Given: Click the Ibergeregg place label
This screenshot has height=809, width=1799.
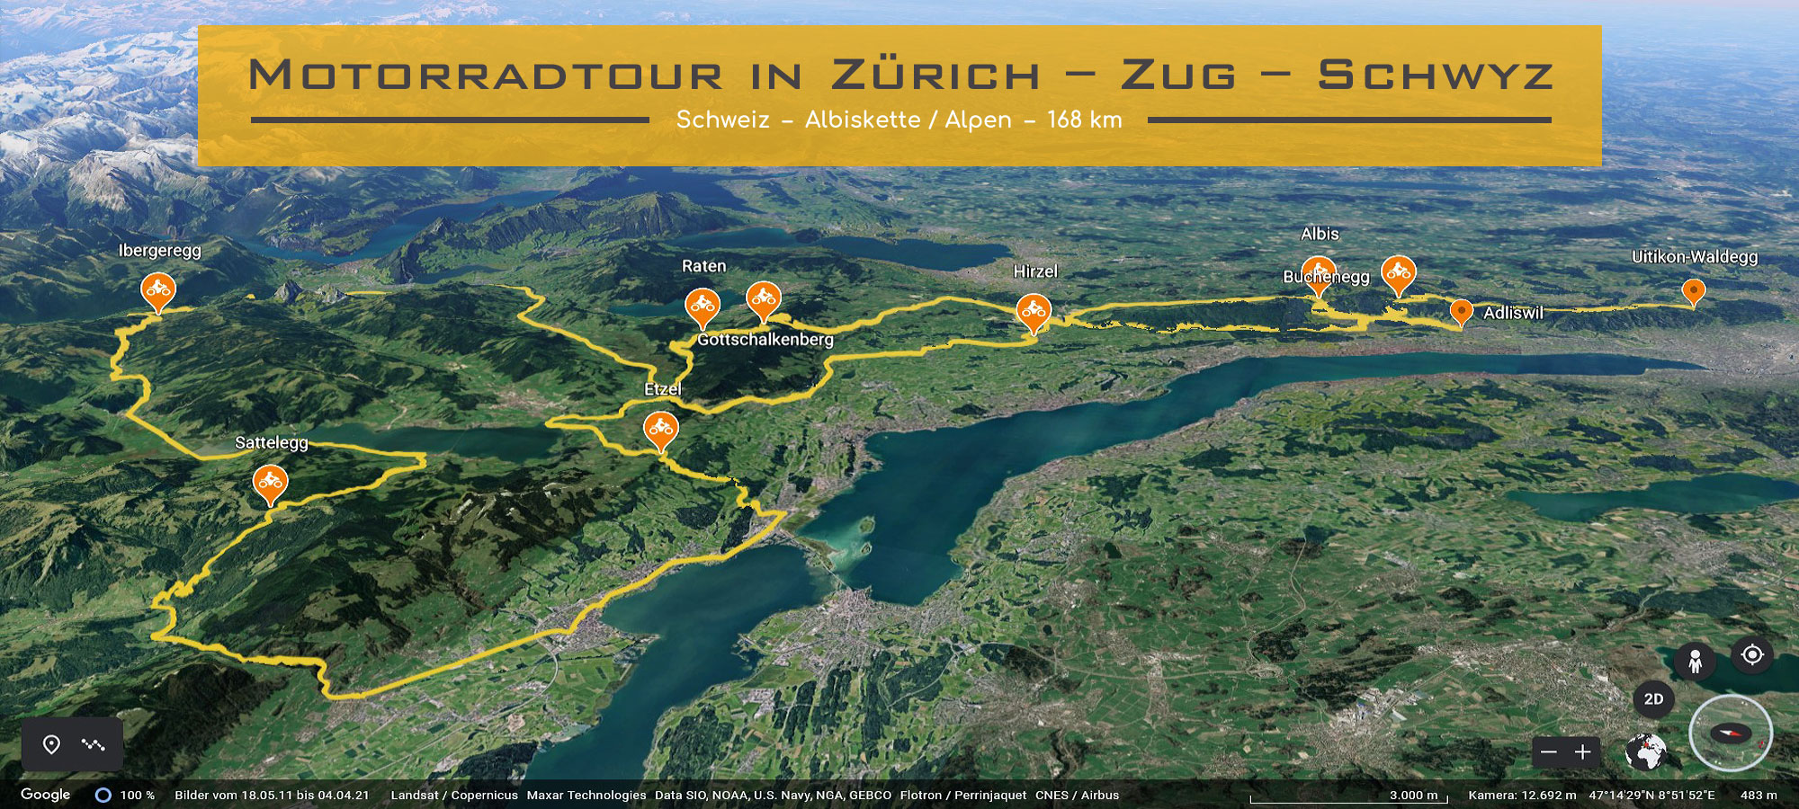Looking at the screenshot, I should [159, 251].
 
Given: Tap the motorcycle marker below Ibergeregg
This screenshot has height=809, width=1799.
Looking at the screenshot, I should [158, 289].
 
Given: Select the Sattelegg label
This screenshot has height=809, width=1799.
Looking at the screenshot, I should [271, 442].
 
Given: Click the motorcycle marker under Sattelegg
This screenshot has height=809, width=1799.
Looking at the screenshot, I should [270, 483].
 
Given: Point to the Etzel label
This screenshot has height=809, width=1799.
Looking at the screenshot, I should [663, 389].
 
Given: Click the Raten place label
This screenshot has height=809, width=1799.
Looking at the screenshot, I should [703, 266].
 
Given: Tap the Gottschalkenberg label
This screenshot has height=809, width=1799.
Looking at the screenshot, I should [765, 340].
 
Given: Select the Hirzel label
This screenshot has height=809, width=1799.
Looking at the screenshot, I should [1035, 271].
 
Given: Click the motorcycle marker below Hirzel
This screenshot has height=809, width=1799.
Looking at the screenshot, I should [1034, 311].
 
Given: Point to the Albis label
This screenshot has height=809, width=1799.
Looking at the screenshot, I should [1320, 234].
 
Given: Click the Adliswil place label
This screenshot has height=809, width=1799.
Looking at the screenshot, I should [1513, 313].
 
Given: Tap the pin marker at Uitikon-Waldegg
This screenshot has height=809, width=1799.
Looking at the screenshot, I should [1694, 291].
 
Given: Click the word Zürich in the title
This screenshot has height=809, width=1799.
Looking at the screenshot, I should [935, 75].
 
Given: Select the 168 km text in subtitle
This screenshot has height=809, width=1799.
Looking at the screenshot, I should [1084, 120].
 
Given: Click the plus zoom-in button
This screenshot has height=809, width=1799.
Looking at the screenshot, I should [1583, 752].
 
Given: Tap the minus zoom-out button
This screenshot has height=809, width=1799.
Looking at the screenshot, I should [1549, 752].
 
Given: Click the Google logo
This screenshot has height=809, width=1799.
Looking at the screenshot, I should [45, 795].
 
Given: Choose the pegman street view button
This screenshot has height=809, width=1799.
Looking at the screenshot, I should [1695, 662].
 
